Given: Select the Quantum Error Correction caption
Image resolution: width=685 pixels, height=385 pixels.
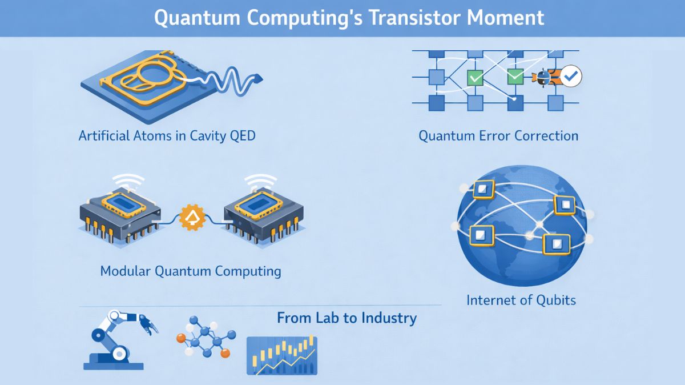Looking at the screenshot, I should tap(498, 136).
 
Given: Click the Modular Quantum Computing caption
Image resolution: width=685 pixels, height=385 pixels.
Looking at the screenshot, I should tap(191, 270).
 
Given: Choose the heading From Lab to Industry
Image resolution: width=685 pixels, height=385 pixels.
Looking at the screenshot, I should tap(346, 318).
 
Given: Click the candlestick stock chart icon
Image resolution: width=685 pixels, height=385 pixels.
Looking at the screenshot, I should tap(281, 355).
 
